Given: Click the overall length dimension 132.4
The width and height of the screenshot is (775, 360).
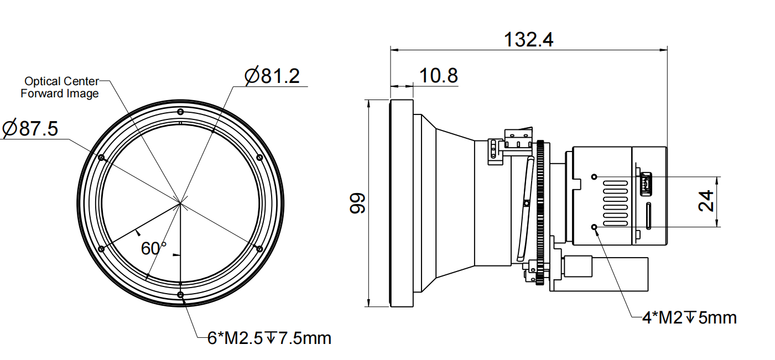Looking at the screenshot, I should click(x=528, y=40).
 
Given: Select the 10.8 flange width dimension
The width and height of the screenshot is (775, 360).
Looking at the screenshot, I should click(x=438, y=76).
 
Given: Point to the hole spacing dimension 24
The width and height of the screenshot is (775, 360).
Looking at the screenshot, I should click(x=705, y=202).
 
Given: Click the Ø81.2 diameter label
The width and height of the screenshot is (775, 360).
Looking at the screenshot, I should click(x=272, y=76).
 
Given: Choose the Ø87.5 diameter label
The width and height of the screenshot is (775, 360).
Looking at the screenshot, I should click(x=30, y=129).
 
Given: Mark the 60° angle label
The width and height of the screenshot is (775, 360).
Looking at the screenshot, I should click(x=153, y=248).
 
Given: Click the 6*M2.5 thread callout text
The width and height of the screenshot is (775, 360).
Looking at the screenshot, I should click(x=269, y=338).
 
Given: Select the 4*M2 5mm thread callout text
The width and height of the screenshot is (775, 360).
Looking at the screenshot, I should click(x=689, y=318).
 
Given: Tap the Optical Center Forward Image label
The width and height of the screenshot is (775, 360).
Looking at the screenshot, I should click(x=60, y=87).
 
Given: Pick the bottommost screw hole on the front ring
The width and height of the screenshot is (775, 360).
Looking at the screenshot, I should click(x=181, y=295).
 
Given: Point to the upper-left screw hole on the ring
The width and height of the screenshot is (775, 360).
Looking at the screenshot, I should click(x=101, y=158).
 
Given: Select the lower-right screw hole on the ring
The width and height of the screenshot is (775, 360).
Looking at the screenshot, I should click(x=259, y=249).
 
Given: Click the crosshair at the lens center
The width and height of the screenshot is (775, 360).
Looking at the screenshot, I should click(x=180, y=203).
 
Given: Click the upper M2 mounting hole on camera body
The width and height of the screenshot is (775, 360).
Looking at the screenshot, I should click(x=595, y=177).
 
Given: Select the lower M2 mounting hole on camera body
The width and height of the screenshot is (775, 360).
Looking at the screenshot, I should click(x=595, y=227).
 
